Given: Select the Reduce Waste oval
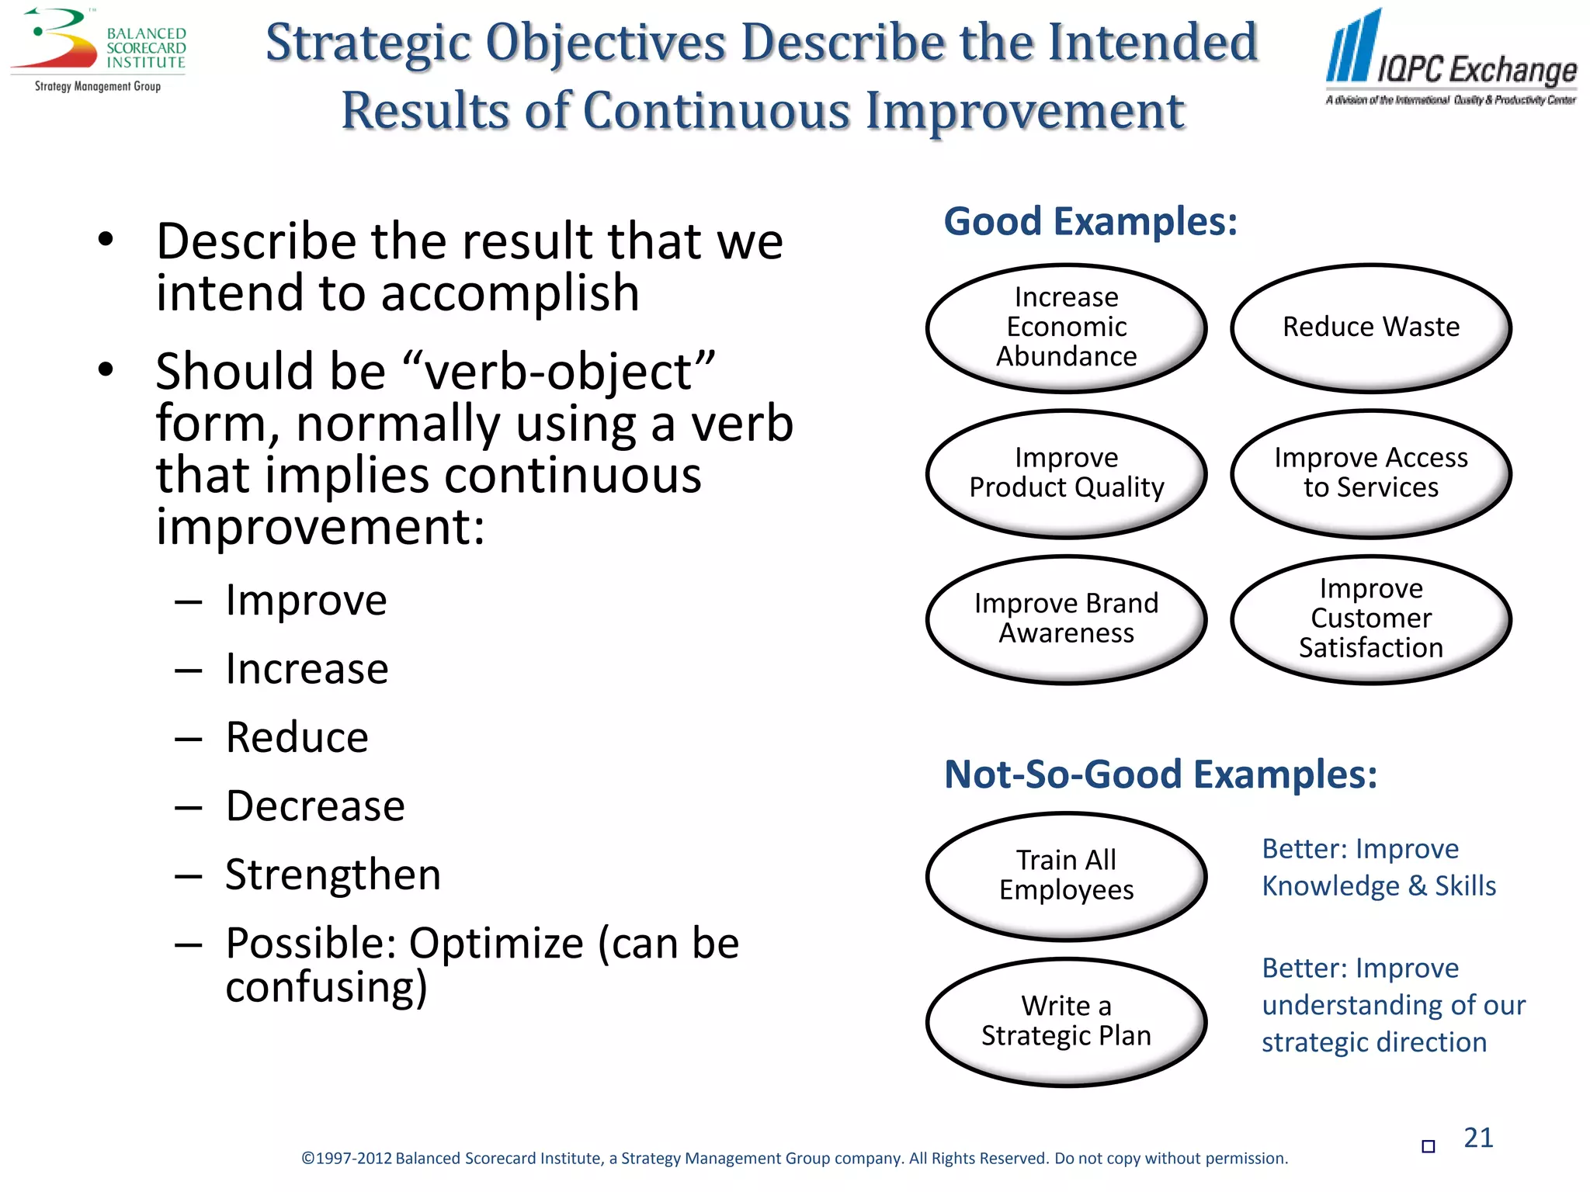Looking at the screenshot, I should (x=1370, y=327).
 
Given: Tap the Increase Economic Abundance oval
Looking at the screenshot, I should (x=1066, y=327).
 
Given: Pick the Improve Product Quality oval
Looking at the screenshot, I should (x=1066, y=473).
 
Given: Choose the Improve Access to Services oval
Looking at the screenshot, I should (x=1370, y=473).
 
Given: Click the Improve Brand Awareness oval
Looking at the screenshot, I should (x=1066, y=619).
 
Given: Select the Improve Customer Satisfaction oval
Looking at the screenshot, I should (x=1370, y=619).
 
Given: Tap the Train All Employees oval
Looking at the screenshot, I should (x=1066, y=875).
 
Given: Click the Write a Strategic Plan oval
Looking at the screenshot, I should (x=1066, y=1021).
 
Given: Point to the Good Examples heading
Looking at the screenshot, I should (x=1090, y=222).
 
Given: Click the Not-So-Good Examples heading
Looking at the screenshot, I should (x=1160, y=774).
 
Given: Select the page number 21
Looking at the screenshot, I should (x=1477, y=1138).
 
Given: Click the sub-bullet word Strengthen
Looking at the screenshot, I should (x=333, y=875).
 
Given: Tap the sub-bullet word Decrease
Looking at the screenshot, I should (x=315, y=806).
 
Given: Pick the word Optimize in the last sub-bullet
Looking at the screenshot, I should (x=496, y=944).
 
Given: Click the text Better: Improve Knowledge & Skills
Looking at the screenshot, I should (x=1378, y=868).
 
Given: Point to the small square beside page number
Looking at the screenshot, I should (x=1428, y=1146).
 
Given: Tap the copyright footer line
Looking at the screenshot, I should (x=794, y=1159).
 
